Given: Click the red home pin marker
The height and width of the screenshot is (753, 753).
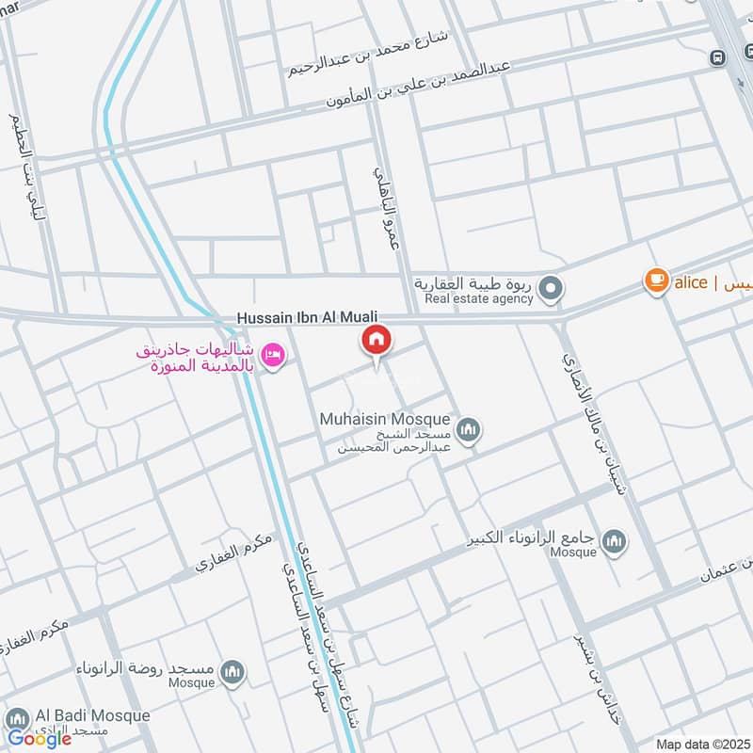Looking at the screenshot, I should pyautogui.click(x=376, y=340).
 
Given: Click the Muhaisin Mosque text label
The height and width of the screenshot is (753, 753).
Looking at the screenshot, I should pyautogui.click(x=386, y=420).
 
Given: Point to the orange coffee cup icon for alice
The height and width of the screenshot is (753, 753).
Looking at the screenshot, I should pyautogui.click(x=656, y=280).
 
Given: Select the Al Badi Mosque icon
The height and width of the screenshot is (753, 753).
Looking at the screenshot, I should pyautogui.click(x=16, y=716).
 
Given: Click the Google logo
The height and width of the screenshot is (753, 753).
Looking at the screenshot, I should pyautogui.click(x=40, y=739).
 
